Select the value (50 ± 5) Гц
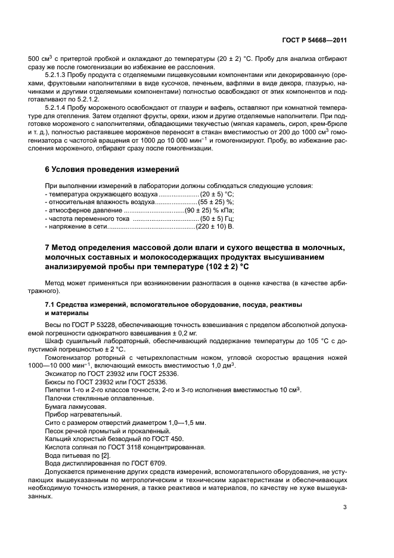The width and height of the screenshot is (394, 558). click(217, 220)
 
